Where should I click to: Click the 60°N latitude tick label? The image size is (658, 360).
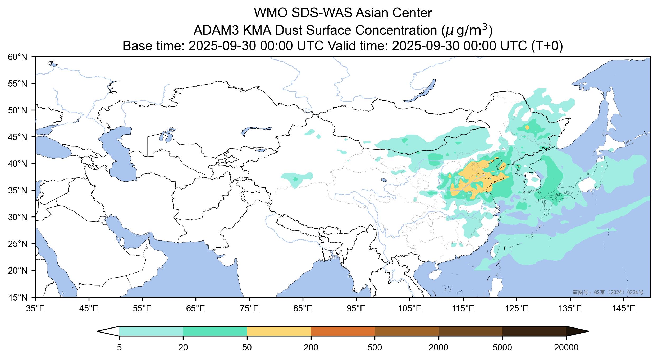[18, 57]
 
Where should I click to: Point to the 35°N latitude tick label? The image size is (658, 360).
[18, 190]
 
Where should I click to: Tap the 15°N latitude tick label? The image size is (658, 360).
[18, 298]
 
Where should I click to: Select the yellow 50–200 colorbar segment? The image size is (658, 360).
[279, 331]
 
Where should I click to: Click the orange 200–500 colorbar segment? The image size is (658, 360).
[343, 331]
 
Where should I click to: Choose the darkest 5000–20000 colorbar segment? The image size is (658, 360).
[534, 331]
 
